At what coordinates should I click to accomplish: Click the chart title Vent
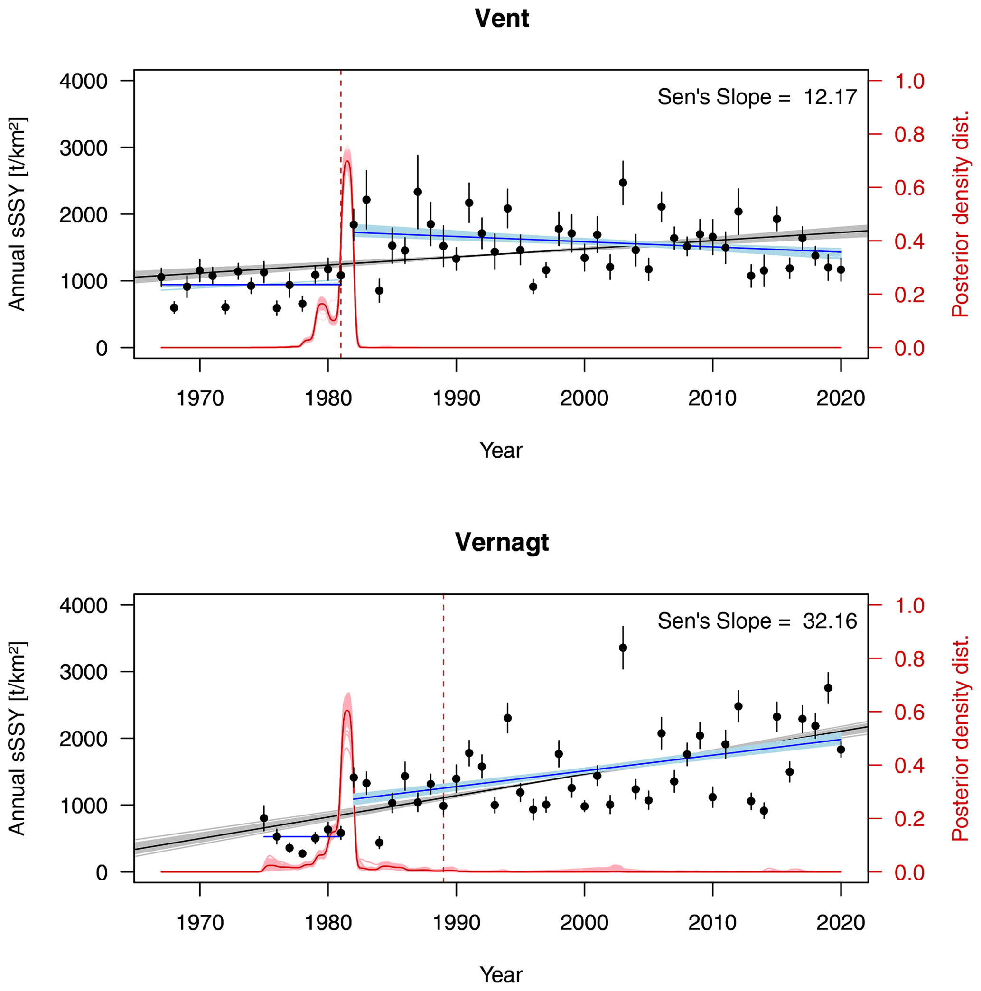tap(501, 19)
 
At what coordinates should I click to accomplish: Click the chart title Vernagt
tap(501, 543)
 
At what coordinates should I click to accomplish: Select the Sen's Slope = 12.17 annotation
tap(757, 97)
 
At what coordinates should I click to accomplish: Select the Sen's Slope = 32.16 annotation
tap(757, 621)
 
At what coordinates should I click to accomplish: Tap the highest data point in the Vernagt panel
tap(622, 648)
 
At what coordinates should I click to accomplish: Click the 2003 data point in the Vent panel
tap(622, 183)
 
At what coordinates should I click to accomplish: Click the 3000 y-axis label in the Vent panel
tap(84, 148)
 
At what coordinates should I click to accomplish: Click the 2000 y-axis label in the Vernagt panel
tap(84, 739)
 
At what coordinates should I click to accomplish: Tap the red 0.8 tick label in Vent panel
tap(909, 135)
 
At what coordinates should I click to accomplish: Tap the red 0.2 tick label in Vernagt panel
tap(909, 819)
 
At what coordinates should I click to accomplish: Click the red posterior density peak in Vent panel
tap(347, 162)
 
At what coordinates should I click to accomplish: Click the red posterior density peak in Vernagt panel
tap(347, 711)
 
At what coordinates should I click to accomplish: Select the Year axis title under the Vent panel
tap(501, 450)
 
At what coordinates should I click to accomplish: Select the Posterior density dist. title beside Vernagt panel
tap(959, 739)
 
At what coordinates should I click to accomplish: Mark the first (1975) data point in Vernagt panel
tap(264, 818)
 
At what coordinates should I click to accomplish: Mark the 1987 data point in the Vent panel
tap(418, 192)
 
